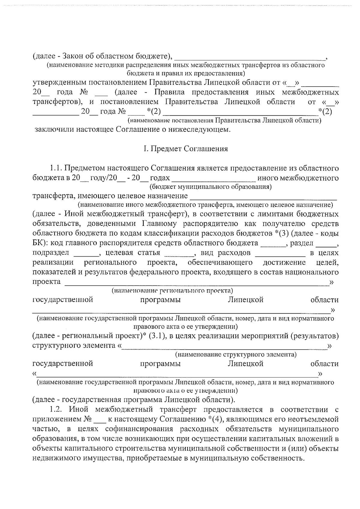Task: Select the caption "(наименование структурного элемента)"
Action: [x=236, y=355]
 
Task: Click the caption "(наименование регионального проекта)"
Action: [x=172, y=290]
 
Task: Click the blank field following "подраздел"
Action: [x=86, y=253]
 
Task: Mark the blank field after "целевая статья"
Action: [x=179, y=253]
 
